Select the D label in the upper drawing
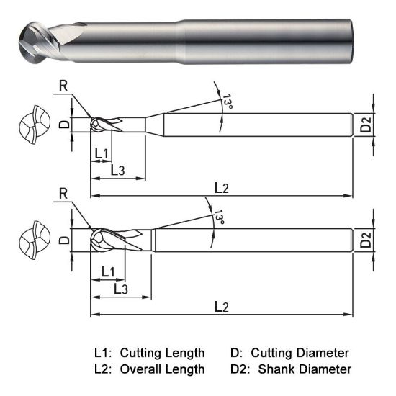click(x=64, y=124)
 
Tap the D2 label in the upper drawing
click(x=366, y=125)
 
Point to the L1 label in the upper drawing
click(x=101, y=153)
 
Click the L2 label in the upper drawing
click(x=222, y=188)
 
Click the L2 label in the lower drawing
click(x=222, y=307)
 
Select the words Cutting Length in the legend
click(x=162, y=354)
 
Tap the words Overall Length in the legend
click(x=162, y=369)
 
